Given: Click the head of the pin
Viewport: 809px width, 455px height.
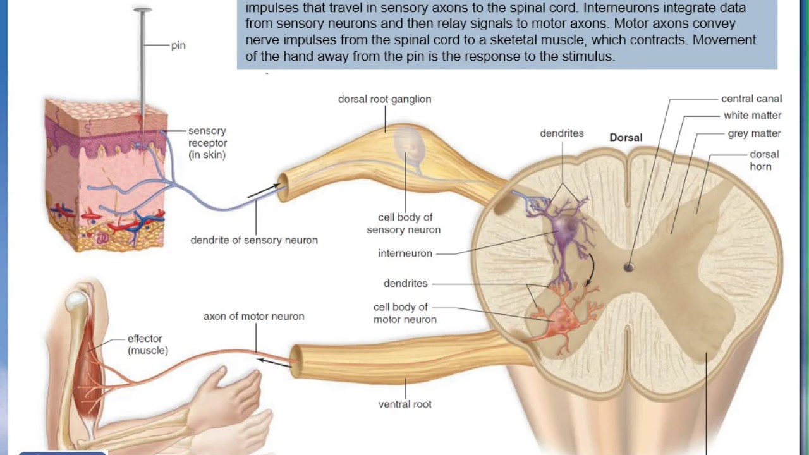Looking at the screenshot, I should click(x=143, y=10).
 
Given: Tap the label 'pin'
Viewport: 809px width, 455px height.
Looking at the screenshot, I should click(x=178, y=46).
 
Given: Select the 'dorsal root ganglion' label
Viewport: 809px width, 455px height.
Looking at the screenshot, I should click(x=384, y=99).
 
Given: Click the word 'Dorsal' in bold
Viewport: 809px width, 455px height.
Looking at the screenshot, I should click(x=626, y=137).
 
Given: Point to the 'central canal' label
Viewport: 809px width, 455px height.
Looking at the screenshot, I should click(x=751, y=99).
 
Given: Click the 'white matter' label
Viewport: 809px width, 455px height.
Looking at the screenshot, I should click(x=752, y=116).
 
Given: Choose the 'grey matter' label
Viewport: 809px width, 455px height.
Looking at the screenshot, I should click(x=754, y=133).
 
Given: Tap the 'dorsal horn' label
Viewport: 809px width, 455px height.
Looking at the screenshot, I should click(x=764, y=161).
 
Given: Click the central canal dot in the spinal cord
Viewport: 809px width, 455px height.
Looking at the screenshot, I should click(x=628, y=267).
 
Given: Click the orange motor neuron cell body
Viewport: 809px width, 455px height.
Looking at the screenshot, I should click(x=559, y=319).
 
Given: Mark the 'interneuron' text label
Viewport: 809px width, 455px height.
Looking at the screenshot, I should click(x=405, y=253).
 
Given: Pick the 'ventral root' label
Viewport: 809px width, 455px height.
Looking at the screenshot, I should click(x=405, y=404).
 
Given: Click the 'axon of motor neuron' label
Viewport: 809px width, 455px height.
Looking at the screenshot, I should click(x=253, y=316).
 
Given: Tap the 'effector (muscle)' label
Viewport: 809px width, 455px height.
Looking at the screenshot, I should click(x=147, y=344).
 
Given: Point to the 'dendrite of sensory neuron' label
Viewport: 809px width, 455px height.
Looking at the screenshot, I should click(x=254, y=240).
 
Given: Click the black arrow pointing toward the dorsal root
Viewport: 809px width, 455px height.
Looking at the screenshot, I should click(x=263, y=190).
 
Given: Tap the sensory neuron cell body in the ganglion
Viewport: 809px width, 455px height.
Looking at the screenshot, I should click(x=410, y=145).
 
